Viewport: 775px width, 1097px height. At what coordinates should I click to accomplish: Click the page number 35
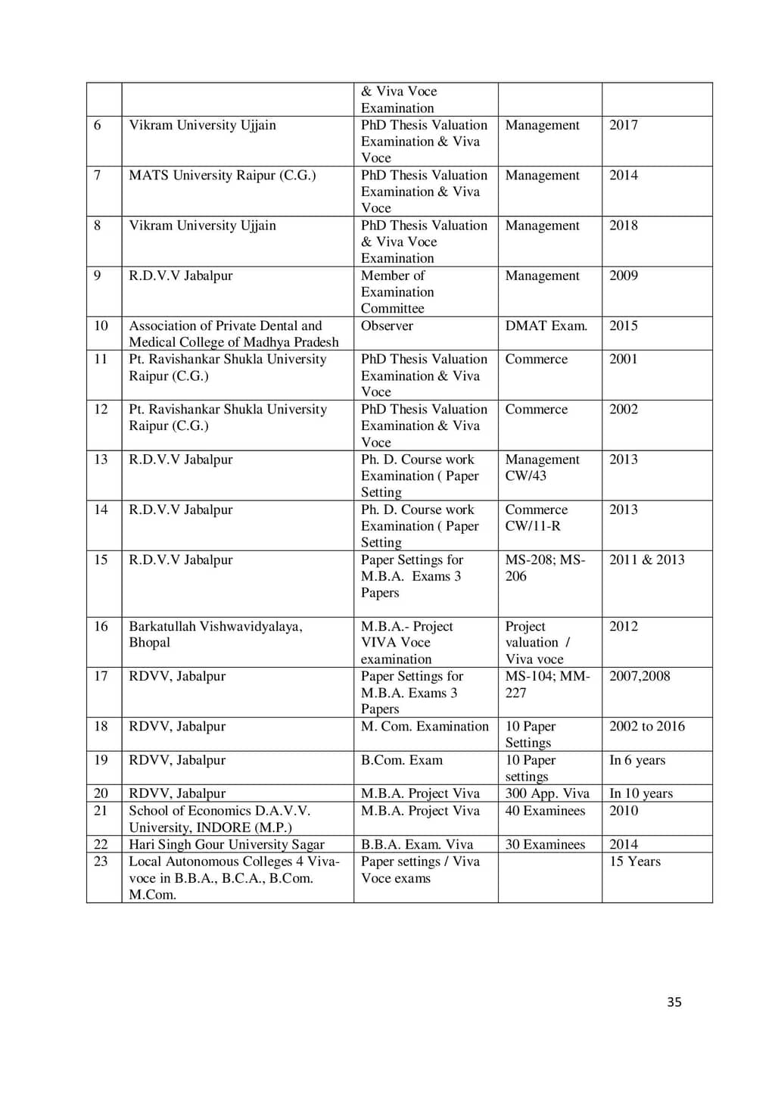[674, 1002]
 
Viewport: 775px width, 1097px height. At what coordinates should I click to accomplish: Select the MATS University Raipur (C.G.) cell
[222, 176]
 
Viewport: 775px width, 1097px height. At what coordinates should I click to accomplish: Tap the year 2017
[624, 125]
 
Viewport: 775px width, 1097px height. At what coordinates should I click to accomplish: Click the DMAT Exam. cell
[546, 326]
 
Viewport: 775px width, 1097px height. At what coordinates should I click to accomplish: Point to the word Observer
[387, 326]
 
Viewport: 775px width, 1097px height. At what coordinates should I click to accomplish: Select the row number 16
[101, 626]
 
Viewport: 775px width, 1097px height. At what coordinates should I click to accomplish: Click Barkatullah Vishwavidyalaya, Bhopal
[215, 634]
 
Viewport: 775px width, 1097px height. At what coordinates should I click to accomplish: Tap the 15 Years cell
[634, 862]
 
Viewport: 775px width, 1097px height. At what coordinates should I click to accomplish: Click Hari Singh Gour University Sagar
[226, 844]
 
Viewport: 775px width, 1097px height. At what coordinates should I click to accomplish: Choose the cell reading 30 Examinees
[545, 844]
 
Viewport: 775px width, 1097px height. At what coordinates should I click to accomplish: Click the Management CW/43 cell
[542, 468]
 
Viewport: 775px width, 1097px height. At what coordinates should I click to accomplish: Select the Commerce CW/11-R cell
[536, 518]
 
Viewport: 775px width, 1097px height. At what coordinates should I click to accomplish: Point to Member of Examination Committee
[397, 292]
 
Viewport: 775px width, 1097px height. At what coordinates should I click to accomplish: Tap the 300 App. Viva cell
[546, 793]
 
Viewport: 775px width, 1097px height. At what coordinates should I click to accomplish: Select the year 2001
[624, 359]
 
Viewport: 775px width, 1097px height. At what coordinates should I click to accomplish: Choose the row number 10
[101, 326]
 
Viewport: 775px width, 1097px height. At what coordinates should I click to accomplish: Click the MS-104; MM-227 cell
[547, 684]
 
